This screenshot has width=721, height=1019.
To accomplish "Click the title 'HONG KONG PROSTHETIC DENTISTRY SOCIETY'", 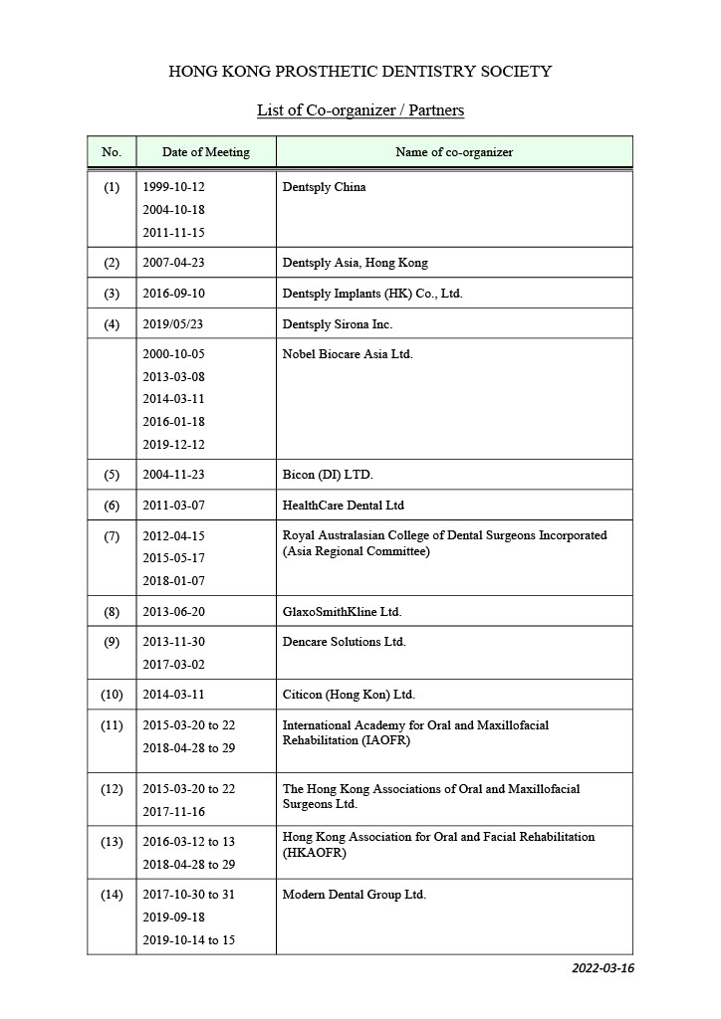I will click(360, 72).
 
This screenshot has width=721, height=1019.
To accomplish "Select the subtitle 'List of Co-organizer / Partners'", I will click(360, 110).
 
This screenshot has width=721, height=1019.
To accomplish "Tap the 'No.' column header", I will click(112, 152).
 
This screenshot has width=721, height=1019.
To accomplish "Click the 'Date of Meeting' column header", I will click(206, 152).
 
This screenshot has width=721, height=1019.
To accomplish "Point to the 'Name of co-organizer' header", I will click(454, 152).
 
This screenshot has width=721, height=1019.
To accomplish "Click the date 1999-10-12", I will click(174, 187).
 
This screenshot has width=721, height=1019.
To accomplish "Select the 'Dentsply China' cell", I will click(324, 187).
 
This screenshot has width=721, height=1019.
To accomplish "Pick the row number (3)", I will click(112, 294).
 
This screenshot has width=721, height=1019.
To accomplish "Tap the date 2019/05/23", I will click(174, 324).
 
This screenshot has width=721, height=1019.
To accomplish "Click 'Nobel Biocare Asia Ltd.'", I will click(347, 354).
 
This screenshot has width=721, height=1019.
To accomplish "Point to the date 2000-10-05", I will click(174, 354).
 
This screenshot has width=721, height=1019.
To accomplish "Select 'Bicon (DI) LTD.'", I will click(328, 475).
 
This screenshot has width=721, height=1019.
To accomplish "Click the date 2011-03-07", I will click(174, 506).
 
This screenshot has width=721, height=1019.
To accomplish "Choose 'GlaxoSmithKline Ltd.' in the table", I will click(342, 612).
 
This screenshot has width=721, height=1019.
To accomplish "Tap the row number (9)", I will click(112, 642).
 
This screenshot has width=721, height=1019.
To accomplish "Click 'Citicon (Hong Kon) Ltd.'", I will click(349, 695).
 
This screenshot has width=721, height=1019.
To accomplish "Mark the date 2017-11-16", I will click(174, 812).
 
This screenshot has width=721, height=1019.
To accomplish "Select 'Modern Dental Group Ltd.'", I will click(354, 895).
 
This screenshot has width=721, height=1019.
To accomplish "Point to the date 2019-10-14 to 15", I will click(189, 940).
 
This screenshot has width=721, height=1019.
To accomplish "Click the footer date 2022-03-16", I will click(601, 968).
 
